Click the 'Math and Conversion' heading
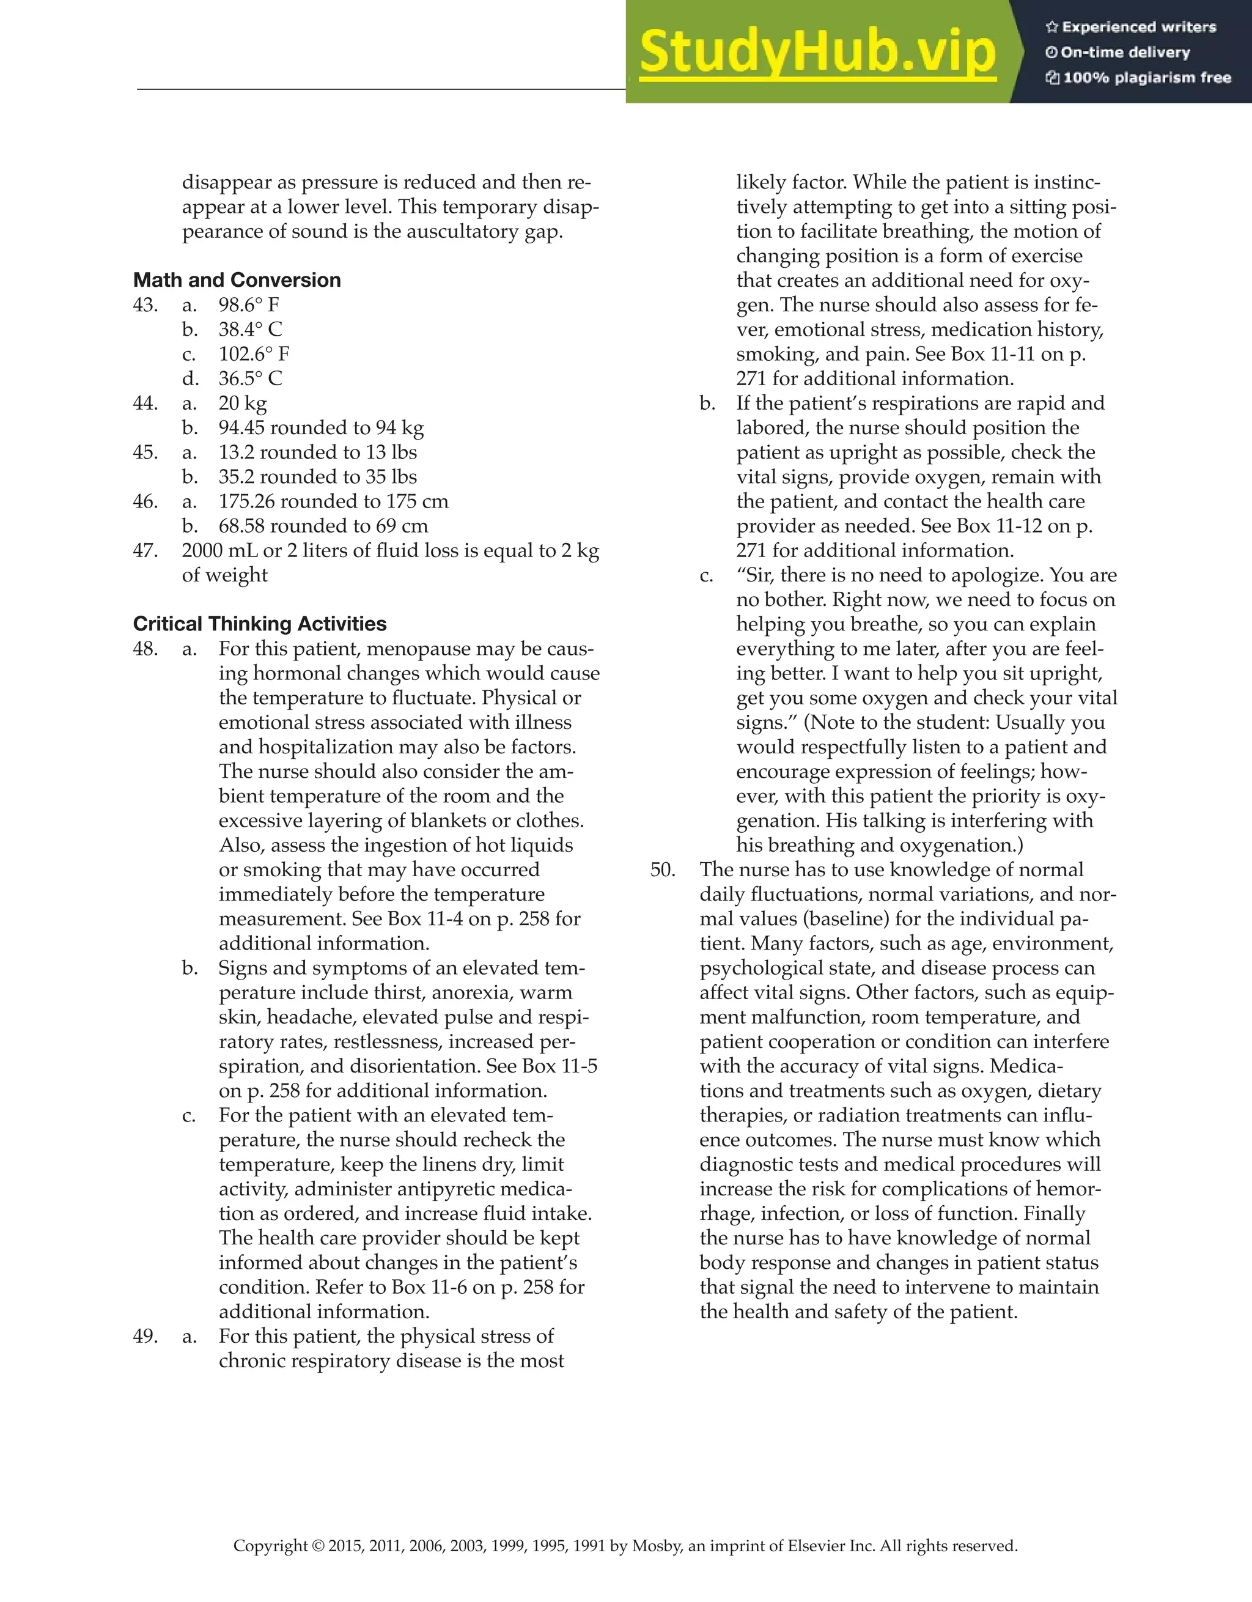(x=237, y=280)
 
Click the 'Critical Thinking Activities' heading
(x=260, y=624)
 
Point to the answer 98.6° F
(x=249, y=305)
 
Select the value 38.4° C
(x=250, y=330)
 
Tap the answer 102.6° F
(x=254, y=354)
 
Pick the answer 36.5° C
(x=250, y=378)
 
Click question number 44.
(x=145, y=404)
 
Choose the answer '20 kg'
(x=243, y=404)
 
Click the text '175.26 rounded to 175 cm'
(x=333, y=502)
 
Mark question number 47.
(x=145, y=551)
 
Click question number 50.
(x=663, y=870)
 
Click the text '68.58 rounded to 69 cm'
(x=323, y=526)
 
